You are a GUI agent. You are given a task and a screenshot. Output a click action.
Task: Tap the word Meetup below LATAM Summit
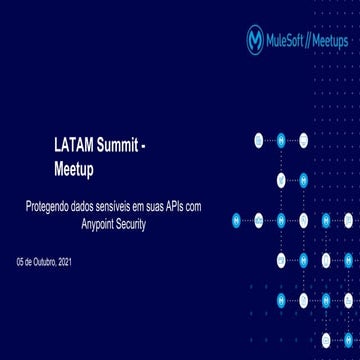[x=73, y=170]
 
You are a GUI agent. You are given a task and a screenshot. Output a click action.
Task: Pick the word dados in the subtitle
[x=84, y=206]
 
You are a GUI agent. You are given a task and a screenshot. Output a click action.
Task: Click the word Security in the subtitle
[x=133, y=224]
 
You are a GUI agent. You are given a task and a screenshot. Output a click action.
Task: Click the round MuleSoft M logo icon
[x=255, y=39]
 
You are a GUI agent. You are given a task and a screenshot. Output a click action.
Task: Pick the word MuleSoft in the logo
[x=289, y=40]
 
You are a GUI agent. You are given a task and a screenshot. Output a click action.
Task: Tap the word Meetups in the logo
[x=331, y=40]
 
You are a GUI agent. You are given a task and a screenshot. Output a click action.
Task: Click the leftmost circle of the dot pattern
[x=237, y=219]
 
